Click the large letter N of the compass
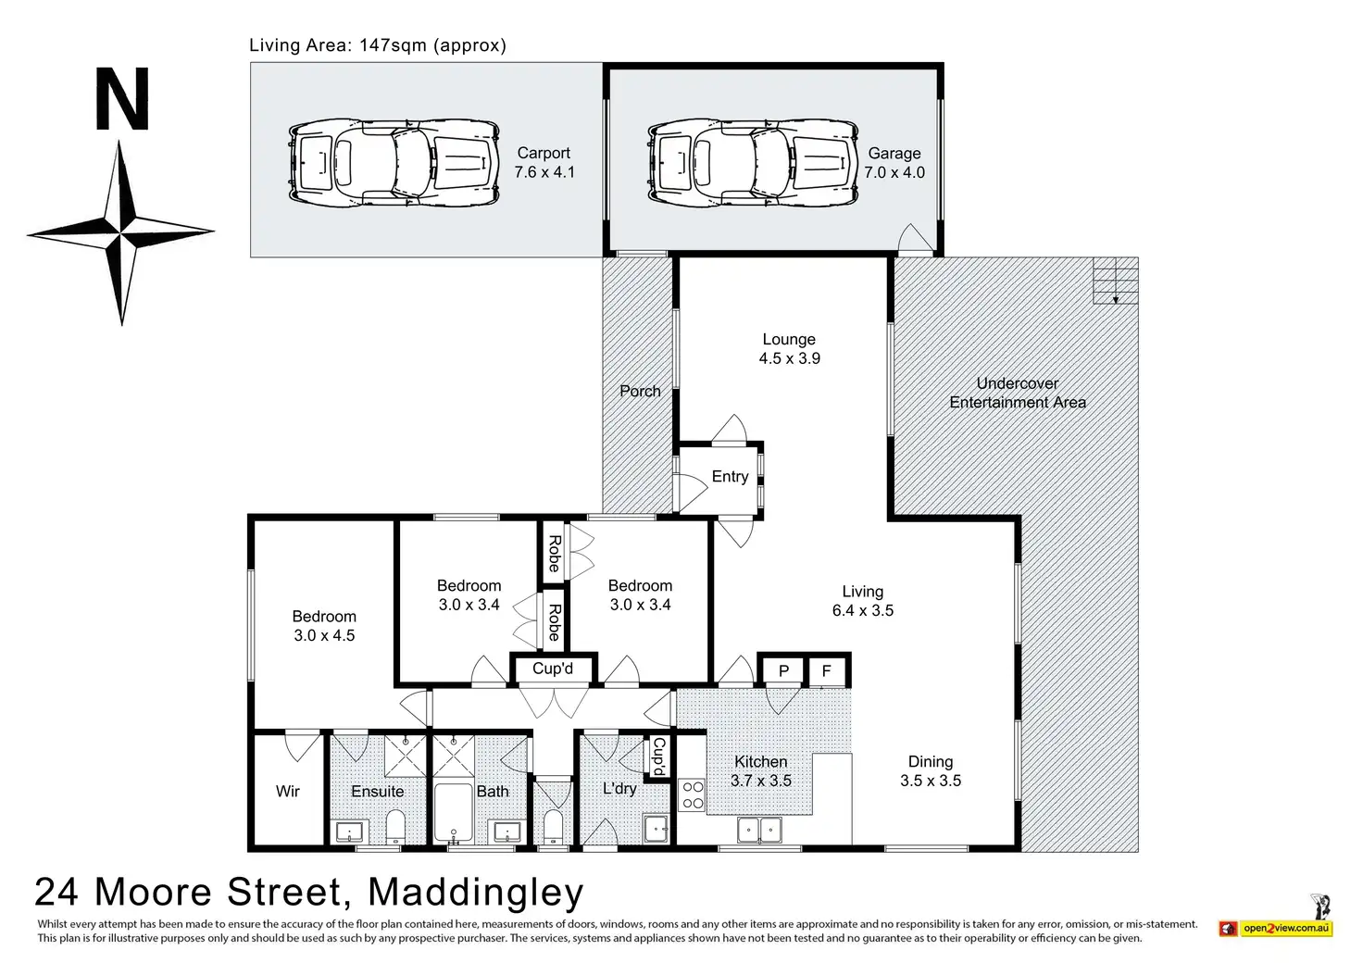coord(122,101)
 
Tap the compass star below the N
coord(121,232)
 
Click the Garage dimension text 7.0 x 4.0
coord(894,172)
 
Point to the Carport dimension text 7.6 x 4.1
coord(544,172)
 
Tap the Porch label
coord(640,391)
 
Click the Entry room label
coord(730,477)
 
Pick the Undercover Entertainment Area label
coord(1018,393)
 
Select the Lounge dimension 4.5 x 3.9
coord(789,358)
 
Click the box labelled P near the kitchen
coord(783,671)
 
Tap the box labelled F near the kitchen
coord(827,671)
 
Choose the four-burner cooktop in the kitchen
coord(693,795)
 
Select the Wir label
coord(288,791)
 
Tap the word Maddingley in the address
coord(476,893)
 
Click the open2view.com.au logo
coord(1276,927)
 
